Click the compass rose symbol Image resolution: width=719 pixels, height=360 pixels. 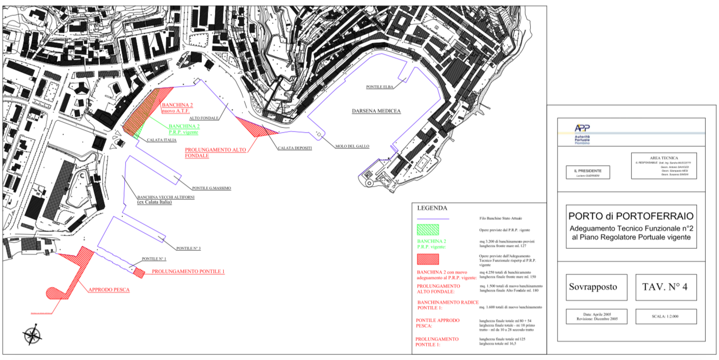pyautogui.click(x=32, y=335)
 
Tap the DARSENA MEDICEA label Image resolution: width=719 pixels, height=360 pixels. pyautogui.click(x=376, y=111)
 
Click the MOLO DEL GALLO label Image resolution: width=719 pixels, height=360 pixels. pyautogui.click(x=352, y=146)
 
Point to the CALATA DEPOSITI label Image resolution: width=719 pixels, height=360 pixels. pyautogui.click(x=295, y=148)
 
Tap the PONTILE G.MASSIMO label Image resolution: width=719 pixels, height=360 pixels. pyautogui.click(x=212, y=188)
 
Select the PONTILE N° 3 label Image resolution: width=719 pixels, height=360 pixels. pyautogui.click(x=189, y=248)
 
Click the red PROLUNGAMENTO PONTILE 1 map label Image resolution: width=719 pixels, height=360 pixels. pyautogui.click(x=188, y=272)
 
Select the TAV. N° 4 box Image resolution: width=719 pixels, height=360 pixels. pyautogui.click(x=665, y=287)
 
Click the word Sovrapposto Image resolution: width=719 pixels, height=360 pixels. pyautogui.click(x=593, y=287)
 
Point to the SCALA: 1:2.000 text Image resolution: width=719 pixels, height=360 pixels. pyautogui.click(x=665, y=316)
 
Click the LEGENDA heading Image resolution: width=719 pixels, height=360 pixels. pyautogui.click(x=432, y=208)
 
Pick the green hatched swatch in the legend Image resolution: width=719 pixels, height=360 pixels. pyautogui.click(x=428, y=229)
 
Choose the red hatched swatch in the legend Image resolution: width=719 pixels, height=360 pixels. pyautogui.click(x=428, y=259)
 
